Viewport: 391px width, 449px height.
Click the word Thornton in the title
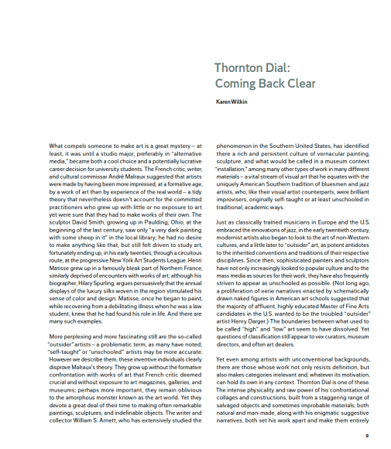240,67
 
